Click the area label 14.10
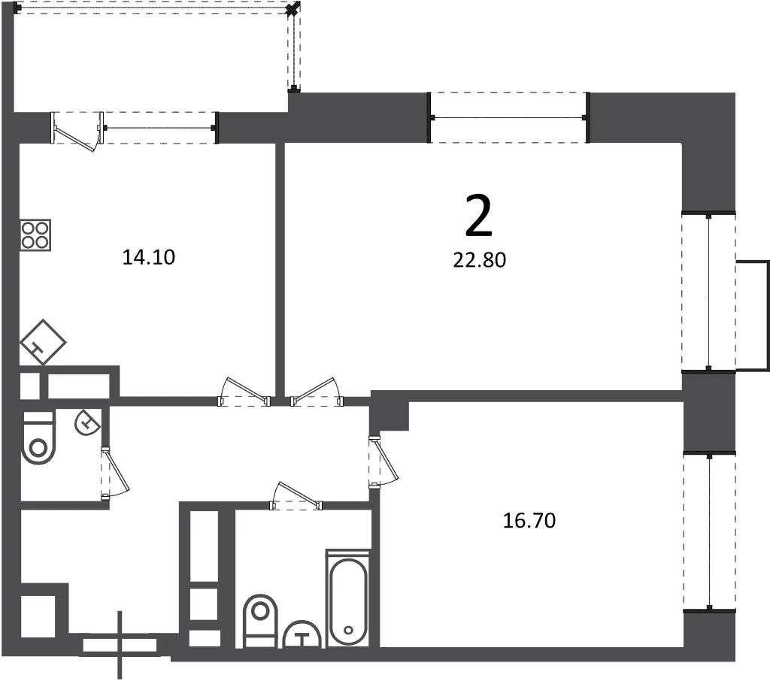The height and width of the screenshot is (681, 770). coord(148,257)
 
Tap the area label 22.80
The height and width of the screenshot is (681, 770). coord(479,260)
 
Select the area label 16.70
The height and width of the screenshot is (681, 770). coord(529,520)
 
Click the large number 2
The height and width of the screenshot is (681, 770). coord(478,216)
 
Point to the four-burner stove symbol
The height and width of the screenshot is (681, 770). coord(35,235)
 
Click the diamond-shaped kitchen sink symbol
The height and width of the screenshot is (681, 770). coord(43,342)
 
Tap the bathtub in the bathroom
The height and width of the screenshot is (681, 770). coord(348,598)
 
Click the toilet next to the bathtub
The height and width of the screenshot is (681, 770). coord(260,621)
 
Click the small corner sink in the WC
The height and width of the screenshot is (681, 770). coord(87,422)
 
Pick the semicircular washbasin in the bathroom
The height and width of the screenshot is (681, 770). coord(302,635)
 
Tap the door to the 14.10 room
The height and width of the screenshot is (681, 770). coord(244,392)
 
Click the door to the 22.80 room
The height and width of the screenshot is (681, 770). coord(317,392)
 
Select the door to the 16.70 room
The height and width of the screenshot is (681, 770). coord(383,462)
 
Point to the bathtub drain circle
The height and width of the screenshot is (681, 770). coord(349,630)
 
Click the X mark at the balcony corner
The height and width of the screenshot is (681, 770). coord(293,8)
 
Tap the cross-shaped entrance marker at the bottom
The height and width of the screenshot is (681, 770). coord(120,645)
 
